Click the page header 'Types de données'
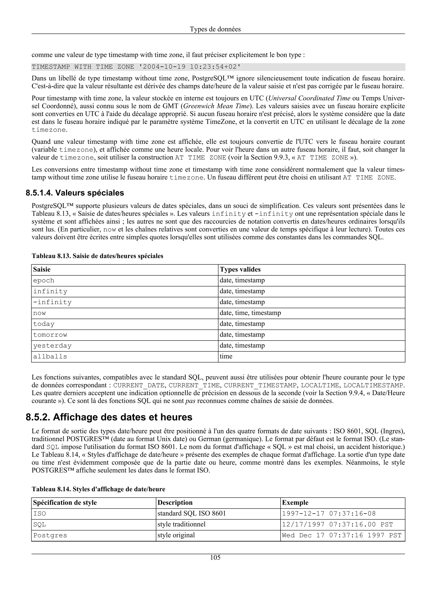pyautogui.click(x=215, y=29)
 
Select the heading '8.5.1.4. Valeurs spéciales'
pyautogui.click(x=75, y=193)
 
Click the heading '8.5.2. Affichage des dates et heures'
pyautogui.click(x=109, y=417)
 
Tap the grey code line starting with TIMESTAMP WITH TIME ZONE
pyautogui.click(x=136, y=67)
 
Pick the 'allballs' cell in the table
pyautogui.click(x=50, y=357)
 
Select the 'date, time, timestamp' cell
pyautogui.click(x=250, y=313)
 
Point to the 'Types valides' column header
pyautogui.click(x=240, y=269)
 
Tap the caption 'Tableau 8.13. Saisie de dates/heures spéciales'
pyautogui.click(x=98, y=256)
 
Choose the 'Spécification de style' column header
pyautogui.click(x=65, y=502)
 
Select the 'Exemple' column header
pyautogui.click(x=295, y=502)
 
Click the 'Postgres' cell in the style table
pyautogui.click(x=50, y=535)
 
